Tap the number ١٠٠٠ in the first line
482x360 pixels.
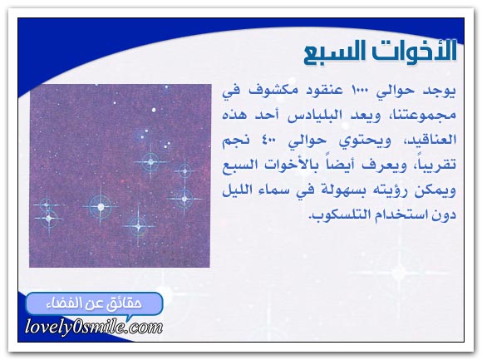(358, 91)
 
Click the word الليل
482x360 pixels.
(238, 190)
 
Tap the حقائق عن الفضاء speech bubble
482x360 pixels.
(95, 304)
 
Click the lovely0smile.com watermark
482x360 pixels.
(94, 327)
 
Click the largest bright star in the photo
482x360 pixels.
(101, 206)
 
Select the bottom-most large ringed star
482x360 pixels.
(138, 227)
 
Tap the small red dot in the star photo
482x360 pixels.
(123, 181)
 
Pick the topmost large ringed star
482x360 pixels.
(150, 161)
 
